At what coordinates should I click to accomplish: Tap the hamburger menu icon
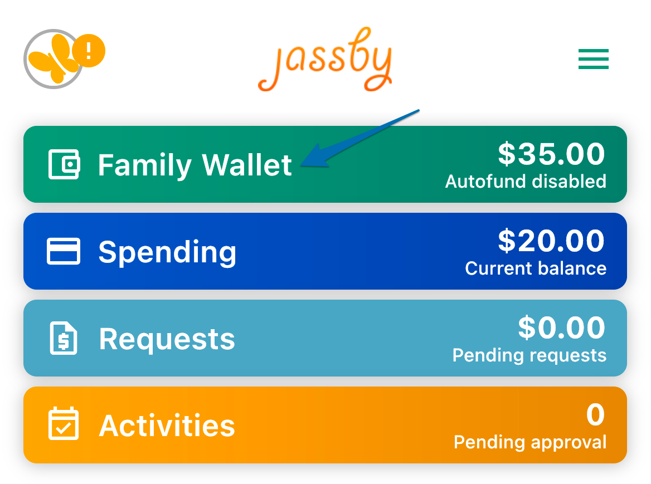click(x=593, y=59)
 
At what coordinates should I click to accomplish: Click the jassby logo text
click(x=325, y=59)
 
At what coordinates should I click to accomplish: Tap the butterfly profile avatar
click(x=53, y=59)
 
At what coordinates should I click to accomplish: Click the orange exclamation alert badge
click(x=89, y=51)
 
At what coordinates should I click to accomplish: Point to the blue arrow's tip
click(x=301, y=165)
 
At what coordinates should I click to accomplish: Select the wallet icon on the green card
click(x=64, y=164)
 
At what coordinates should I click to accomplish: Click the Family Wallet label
click(x=195, y=165)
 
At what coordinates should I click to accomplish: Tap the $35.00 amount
click(x=551, y=154)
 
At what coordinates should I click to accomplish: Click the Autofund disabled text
click(x=526, y=182)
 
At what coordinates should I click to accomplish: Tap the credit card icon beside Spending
click(x=64, y=251)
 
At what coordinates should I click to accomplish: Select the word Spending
click(x=167, y=252)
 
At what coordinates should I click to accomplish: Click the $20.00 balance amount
click(x=551, y=241)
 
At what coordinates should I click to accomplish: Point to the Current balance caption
click(x=536, y=268)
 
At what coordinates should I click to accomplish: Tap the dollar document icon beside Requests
click(x=64, y=338)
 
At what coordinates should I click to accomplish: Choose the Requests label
click(x=167, y=339)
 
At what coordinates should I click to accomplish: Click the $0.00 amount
click(x=561, y=327)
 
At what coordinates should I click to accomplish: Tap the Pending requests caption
click(x=529, y=356)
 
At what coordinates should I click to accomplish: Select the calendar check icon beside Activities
click(x=64, y=423)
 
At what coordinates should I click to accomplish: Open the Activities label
click(x=167, y=426)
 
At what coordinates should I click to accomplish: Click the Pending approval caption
click(x=530, y=443)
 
